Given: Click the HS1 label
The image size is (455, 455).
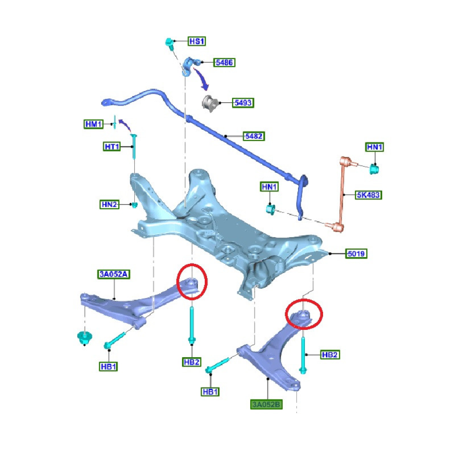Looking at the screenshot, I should (x=197, y=41).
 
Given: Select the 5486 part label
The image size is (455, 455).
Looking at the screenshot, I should (x=225, y=62).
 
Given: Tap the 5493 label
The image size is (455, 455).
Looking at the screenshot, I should (x=243, y=103).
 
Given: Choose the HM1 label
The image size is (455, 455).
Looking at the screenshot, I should (x=94, y=124).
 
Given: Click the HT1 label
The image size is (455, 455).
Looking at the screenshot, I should (x=111, y=147).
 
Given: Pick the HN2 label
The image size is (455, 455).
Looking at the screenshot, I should (x=109, y=205).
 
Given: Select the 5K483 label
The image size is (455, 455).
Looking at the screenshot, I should (x=369, y=195).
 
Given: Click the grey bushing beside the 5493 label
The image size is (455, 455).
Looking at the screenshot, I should (x=211, y=103).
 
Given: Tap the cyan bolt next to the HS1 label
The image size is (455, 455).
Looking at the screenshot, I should (x=169, y=44).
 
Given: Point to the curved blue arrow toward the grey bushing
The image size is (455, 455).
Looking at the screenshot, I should (x=202, y=78).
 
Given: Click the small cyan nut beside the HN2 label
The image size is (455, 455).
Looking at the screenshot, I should (x=135, y=205).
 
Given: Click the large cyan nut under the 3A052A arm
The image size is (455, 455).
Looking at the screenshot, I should (x=84, y=338).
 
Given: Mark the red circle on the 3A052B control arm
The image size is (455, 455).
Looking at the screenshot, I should (x=304, y=314).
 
